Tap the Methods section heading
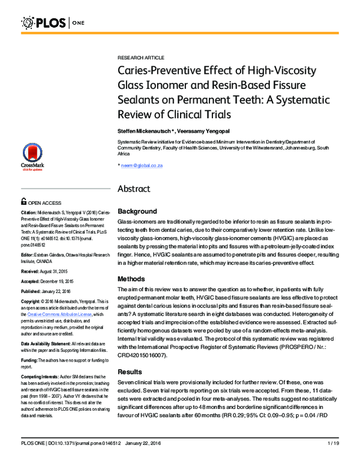[133, 279]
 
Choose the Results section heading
[131, 372]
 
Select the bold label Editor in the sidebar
[28, 255]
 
